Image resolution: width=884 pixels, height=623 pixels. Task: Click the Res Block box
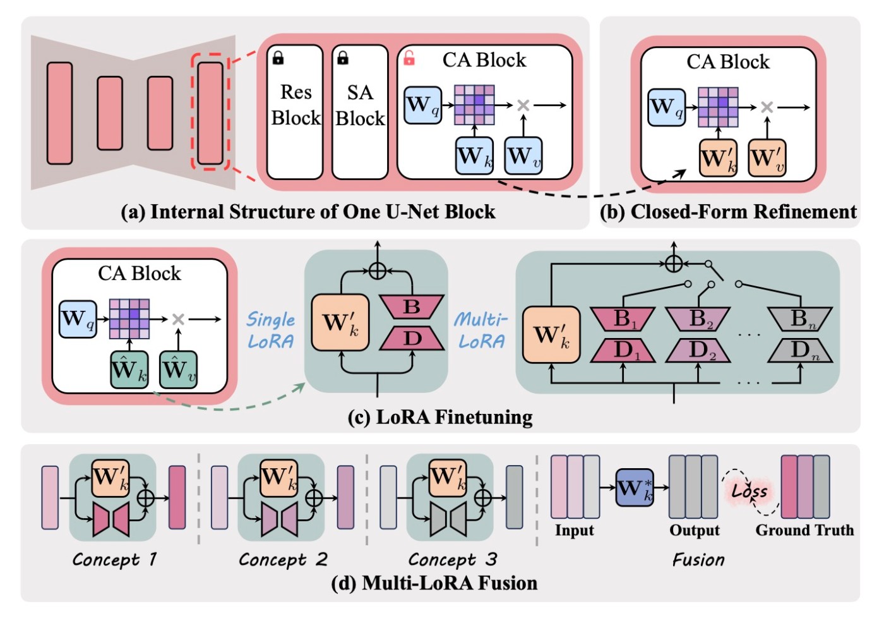295,111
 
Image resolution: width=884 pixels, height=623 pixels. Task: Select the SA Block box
360,111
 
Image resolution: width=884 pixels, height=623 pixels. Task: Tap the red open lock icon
409,59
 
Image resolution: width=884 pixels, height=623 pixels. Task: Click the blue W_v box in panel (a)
523,155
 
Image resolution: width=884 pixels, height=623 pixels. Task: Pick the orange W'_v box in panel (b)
767,157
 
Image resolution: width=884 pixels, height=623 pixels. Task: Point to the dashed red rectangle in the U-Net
210,112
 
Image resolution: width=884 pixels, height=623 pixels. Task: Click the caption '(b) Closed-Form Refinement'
728,212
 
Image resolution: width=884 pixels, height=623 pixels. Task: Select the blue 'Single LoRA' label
270,330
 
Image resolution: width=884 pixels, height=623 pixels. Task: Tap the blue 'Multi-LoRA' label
481,330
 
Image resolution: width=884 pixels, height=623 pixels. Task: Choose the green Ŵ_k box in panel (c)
129,370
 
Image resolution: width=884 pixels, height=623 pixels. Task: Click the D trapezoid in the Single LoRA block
412,338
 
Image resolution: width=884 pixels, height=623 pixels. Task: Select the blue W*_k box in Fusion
635,487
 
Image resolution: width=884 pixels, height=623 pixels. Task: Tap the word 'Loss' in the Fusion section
750,491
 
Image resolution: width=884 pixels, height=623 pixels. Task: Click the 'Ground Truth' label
804,530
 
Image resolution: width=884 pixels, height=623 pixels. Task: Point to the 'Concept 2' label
283,559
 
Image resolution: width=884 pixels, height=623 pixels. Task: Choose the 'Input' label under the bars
574,530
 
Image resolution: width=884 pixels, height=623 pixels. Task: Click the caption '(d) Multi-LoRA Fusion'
434,583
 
